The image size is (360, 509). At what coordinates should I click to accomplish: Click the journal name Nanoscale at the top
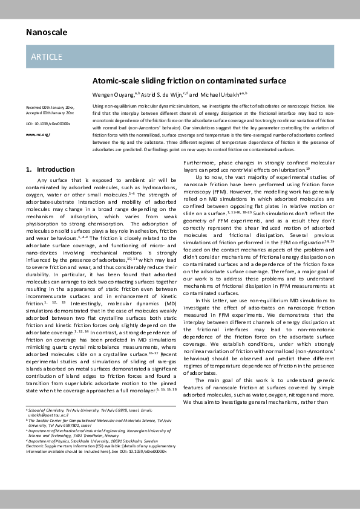(x=46, y=32)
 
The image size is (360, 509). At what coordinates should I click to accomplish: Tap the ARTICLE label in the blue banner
(x=46, y=57)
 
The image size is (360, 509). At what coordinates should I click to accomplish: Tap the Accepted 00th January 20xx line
(x=50, y=112)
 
